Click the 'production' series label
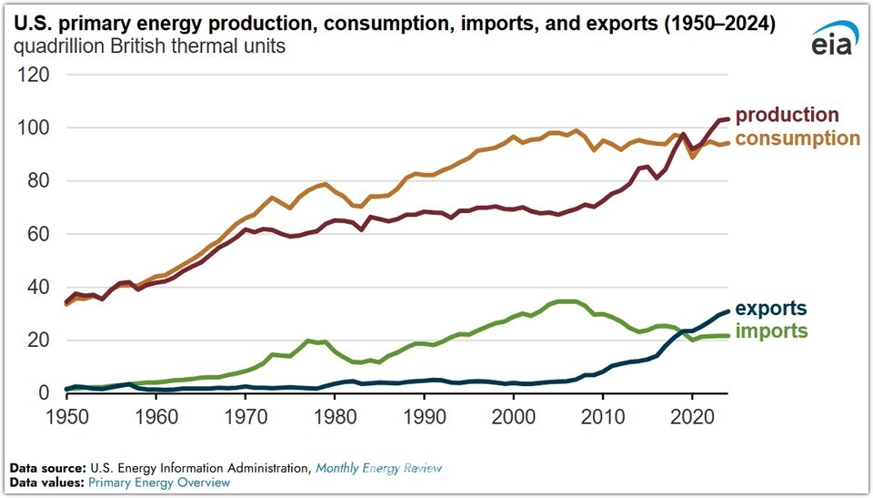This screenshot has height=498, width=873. coord(787,116)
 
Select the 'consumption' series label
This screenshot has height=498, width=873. coord(798,138)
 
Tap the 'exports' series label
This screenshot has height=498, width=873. coord(771,309)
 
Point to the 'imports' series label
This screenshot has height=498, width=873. coord(771,331)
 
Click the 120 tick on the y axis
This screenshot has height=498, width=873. coord(32,75)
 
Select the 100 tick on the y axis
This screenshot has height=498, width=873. coord(32,128)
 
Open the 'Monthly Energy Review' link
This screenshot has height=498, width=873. coord(378,468)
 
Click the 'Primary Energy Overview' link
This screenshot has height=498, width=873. coord(159,483)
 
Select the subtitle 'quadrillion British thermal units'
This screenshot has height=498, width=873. coord(149,46)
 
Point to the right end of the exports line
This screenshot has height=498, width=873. coord(727,310)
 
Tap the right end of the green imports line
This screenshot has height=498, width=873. coord(727,336)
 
